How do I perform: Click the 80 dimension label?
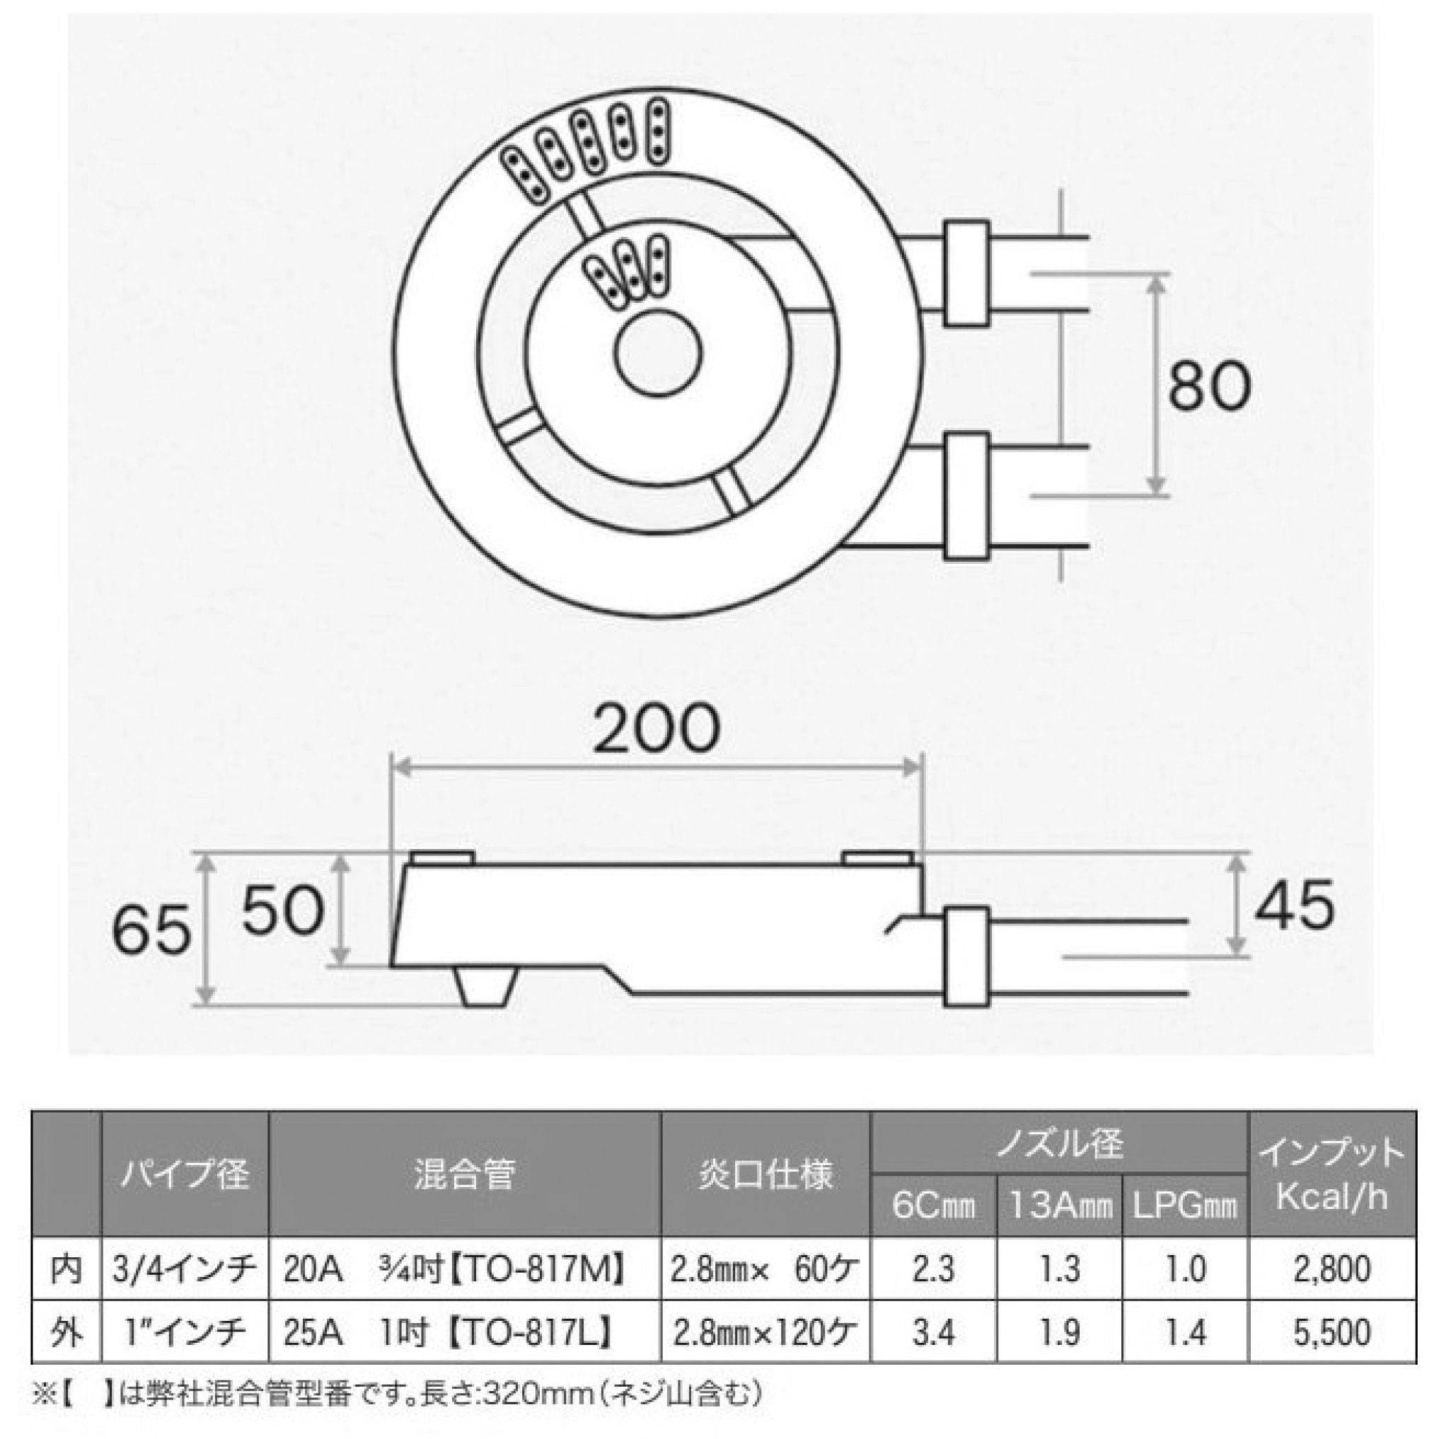[1208, 386]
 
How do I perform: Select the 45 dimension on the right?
[1294, 904]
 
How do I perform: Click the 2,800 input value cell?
[1331, 1268]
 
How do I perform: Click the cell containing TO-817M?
[465, 1268]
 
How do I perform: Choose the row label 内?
[67, 1268]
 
